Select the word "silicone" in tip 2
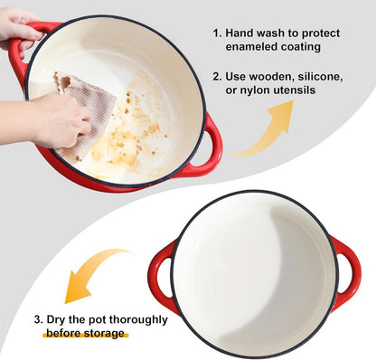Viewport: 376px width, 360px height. [321, 76]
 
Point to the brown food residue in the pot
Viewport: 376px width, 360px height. [133, 134]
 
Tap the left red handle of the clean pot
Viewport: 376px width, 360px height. [160, 278]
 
